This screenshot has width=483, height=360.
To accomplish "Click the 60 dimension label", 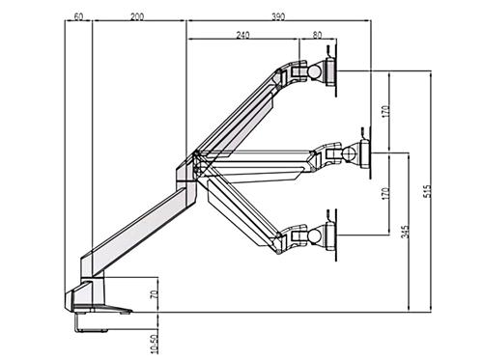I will click(77, 17).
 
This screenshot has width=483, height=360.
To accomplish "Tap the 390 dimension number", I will click(278, 17).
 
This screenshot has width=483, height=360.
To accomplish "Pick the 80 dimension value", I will click(318, 36).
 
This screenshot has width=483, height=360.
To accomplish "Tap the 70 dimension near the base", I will click(153, 296).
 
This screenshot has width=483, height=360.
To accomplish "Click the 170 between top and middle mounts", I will click(385, 111).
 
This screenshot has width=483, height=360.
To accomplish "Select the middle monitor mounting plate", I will click(364, 152).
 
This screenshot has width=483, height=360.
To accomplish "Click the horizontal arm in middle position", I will click(261, 158).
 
